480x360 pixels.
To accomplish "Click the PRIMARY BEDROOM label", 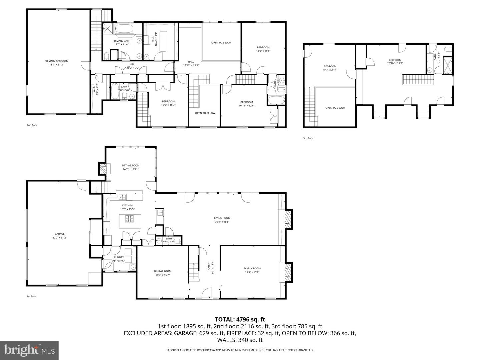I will pos(56,61).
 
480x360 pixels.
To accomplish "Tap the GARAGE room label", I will pos(60,234).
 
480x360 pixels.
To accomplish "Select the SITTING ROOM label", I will pos(130,165).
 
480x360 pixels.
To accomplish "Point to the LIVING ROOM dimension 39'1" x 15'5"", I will pos(222,222).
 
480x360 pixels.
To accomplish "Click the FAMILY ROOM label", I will pos(252,268).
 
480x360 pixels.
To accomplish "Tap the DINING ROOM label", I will pos(163,271).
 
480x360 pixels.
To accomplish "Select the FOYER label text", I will pos(209,266).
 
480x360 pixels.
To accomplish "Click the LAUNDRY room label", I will pos(118,257).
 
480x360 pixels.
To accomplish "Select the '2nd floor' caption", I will pos(32,125).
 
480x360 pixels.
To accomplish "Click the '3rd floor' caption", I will pos(308,138).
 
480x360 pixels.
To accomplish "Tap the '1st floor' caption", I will pos(32,296).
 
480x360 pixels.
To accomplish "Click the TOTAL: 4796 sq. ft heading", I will pos(240,319).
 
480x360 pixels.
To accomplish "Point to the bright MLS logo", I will pos(29,350).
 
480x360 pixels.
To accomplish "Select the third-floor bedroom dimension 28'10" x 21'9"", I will pos(395,63).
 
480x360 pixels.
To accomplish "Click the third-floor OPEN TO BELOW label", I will pos(335,108).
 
